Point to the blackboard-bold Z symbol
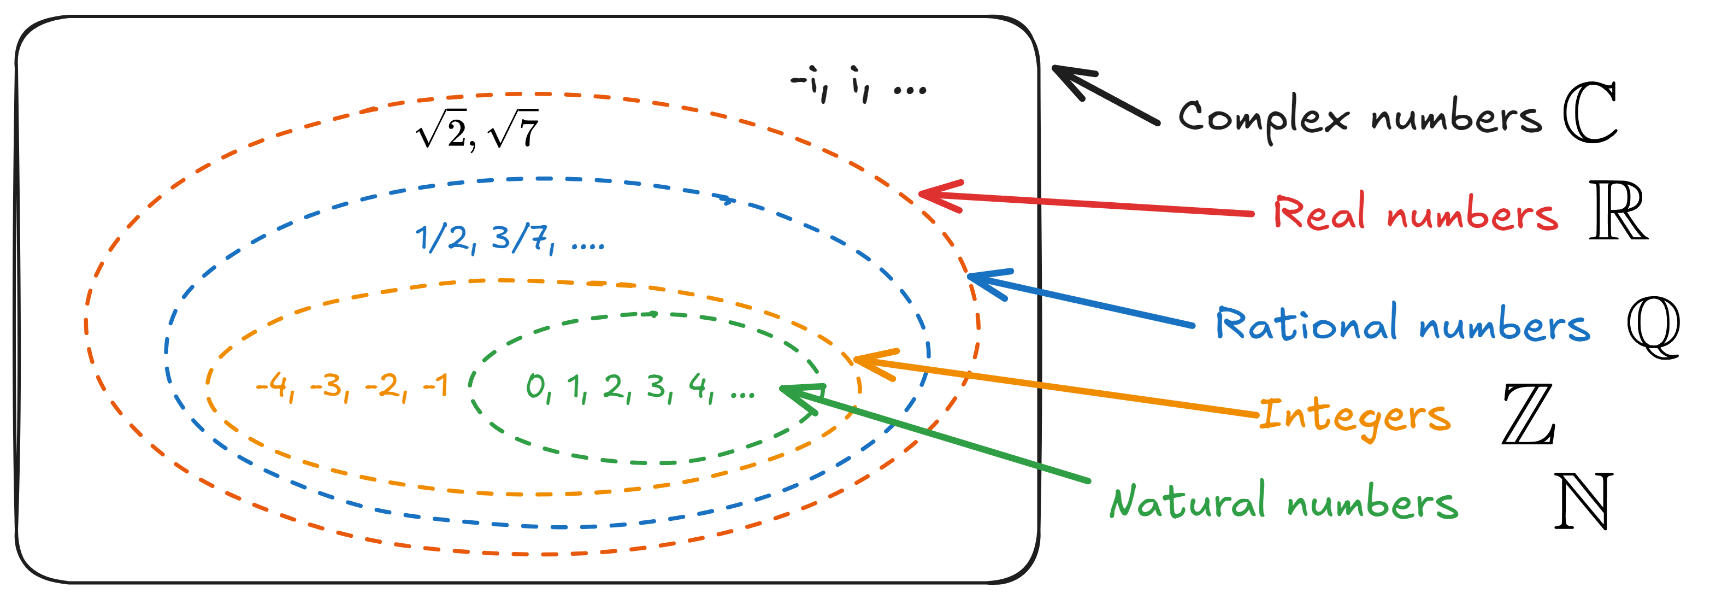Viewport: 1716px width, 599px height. [1528, 414]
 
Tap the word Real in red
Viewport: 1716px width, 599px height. [1318, 214]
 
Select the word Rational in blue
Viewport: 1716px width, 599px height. [1306, 324]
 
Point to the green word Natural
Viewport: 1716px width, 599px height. [1187, 501]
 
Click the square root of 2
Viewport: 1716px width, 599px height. [441, 130]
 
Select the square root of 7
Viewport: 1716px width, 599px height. [513, 130]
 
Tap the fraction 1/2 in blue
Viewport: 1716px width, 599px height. [443, 238]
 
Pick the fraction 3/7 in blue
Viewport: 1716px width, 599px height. [520, 238]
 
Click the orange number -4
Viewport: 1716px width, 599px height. [274, 386]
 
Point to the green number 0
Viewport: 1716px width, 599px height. [535, 386]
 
